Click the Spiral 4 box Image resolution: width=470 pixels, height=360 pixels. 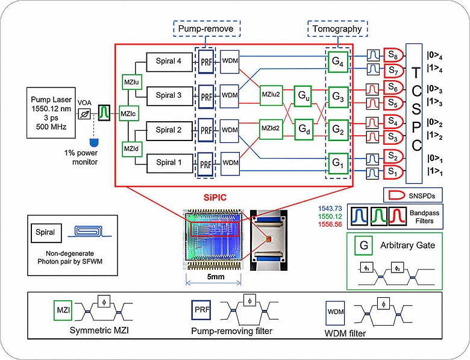point(168,60)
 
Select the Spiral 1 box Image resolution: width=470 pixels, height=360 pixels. point(168,162)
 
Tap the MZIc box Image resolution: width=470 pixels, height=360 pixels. point(128,113)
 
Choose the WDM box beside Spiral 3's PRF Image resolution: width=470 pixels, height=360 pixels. point(230,95)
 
